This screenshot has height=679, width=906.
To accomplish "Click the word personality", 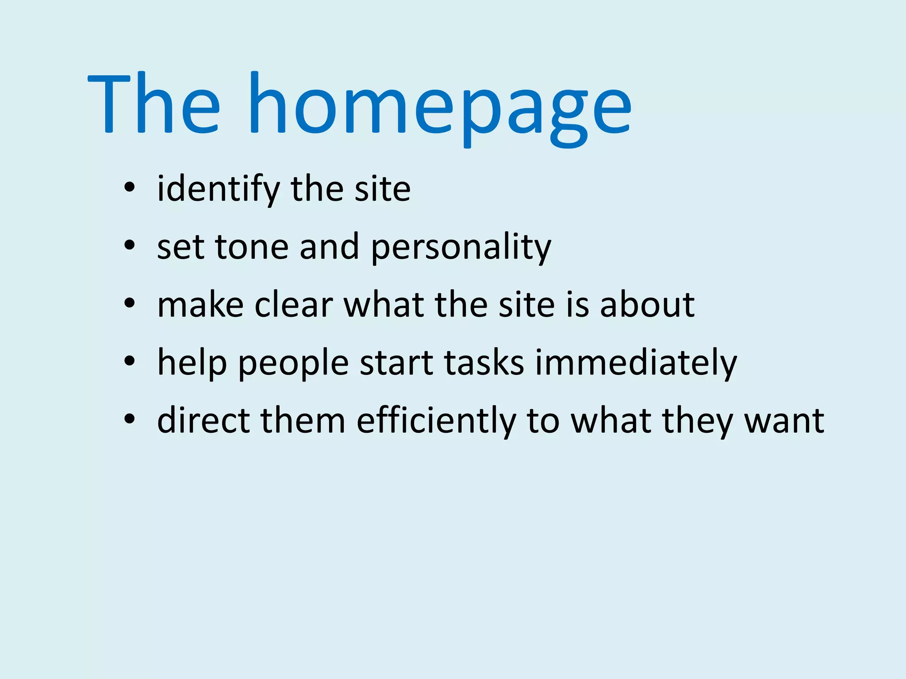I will coord(461,248).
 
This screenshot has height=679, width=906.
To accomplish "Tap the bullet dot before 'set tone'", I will coord(129,246).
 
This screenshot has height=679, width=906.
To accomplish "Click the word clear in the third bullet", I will coord(293,305).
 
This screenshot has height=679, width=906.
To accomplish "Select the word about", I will coord(647,305).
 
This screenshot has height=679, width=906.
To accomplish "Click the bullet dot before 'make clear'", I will coord(129,304).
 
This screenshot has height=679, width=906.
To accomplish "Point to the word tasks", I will coord(484,362).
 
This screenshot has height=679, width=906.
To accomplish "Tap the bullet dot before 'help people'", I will coord(129,362).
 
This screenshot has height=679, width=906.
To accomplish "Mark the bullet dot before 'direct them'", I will coord(129,420).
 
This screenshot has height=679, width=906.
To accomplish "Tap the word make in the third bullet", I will coord(200,305).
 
